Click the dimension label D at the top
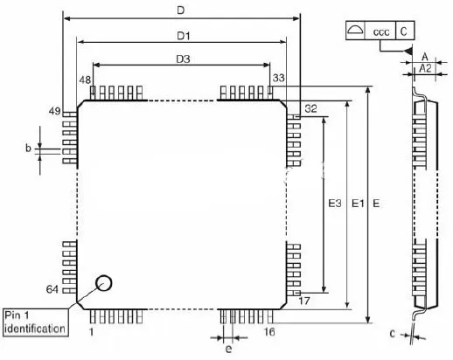[x=181, y=10]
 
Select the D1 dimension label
[x=184, y=36]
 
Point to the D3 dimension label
[x=183, y=59]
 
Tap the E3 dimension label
[x=335, y=203]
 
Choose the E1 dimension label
[x=358, y=203]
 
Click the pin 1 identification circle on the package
[x=103, y=283]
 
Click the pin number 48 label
[x=85, y=80]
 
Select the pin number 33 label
[x=278, y=78]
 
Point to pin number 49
[x=54, y=111]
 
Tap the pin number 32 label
[x=310, y=108]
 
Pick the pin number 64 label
[x=52, y=289]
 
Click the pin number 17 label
[x=304, y=301]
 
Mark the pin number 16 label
[x=269, y=332]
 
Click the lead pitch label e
[x=229, y=349]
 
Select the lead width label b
[x=28, y=148]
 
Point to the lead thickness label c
[x=393, y=334]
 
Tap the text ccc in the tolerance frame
[x=381, y=31]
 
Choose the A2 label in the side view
[x=425, y=68]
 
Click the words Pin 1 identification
[x=35, y=322]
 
